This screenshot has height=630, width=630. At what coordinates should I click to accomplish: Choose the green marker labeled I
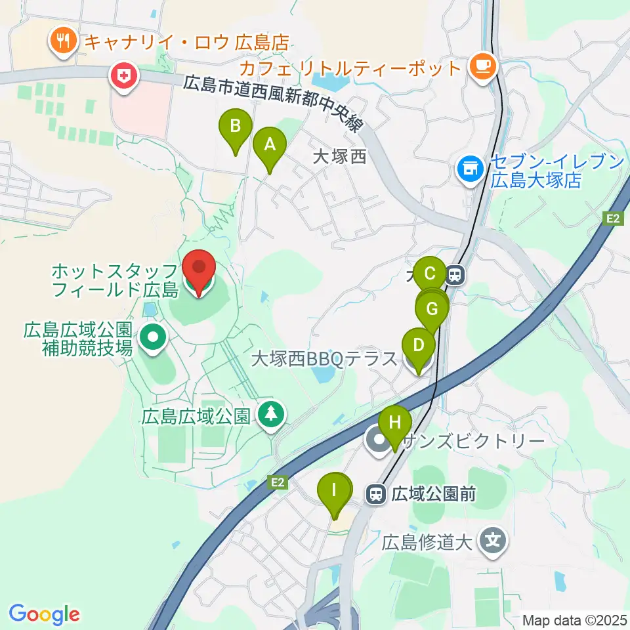[335, 491]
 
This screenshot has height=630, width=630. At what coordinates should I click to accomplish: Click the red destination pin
[199, 270]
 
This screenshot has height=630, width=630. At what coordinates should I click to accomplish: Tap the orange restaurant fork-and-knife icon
[63, 43]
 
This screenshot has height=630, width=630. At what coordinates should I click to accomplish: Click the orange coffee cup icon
[482, 66]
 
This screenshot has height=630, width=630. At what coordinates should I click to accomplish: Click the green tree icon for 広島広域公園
[270, 415]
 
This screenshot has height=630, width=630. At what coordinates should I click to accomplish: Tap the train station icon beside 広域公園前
[376, 493]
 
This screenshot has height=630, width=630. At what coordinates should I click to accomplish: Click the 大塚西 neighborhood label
[339, 157]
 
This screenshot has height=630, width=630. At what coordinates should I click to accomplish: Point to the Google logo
[44, 614]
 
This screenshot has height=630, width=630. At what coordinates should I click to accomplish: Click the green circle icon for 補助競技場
[153, 338]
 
